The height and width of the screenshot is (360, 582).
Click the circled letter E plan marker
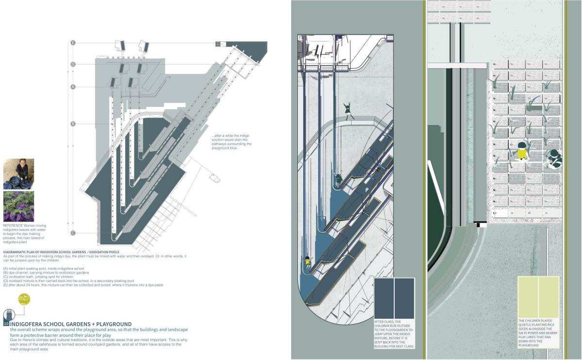tap(73, 43)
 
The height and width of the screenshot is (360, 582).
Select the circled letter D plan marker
tap(73, 64)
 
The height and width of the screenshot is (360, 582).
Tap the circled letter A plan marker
tap(73, 87)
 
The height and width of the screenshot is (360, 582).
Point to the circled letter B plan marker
tap(73, 124)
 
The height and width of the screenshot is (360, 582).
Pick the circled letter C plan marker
tap(73, 233)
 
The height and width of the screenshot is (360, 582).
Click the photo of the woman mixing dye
tap(18, 174)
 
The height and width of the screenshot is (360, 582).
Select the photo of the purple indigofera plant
tap(18, 206)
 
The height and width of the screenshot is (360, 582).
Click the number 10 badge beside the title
tap(6, 323)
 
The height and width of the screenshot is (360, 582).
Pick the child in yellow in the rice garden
tap(522, 151)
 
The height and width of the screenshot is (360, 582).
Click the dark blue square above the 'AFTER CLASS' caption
tap(394, 298)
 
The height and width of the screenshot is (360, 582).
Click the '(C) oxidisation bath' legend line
tap(38, 277)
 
